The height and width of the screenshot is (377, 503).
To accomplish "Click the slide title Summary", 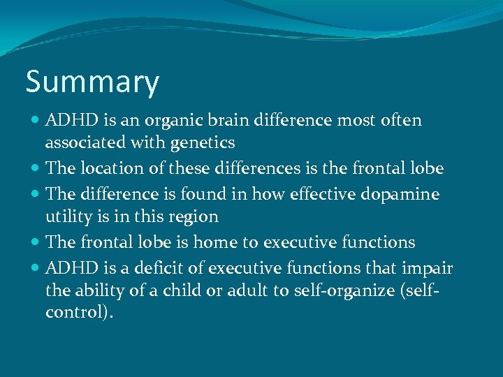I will point(92,82).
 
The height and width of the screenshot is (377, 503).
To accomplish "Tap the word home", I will point(214,242).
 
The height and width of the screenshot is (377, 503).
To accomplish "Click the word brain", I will point(228,121).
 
